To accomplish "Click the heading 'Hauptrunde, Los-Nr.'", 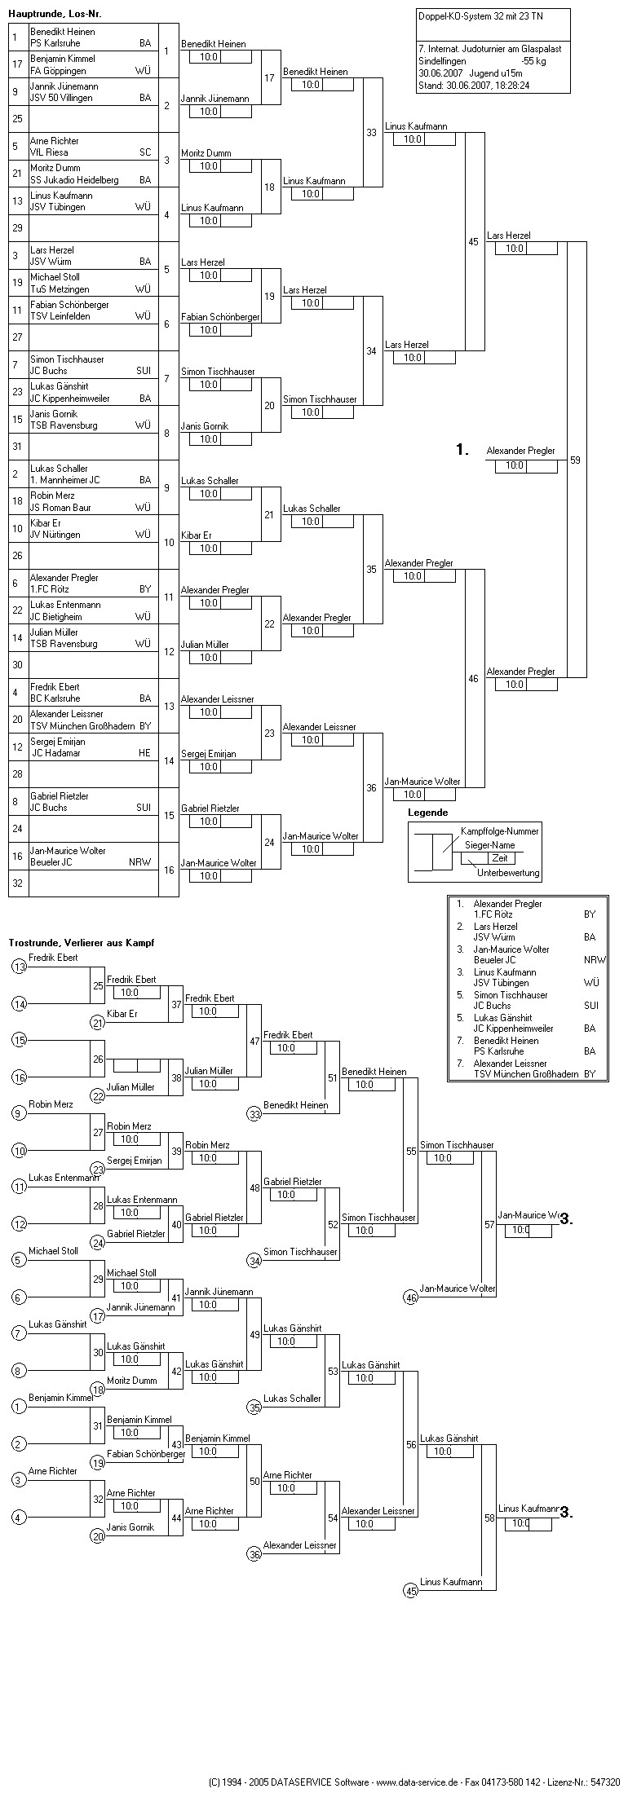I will pyautogui.click(x=55, y=15).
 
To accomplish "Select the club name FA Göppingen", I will pyautogui.click(x=58, y=71).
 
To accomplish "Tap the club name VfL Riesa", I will pyautogui.click(x=47, y=152).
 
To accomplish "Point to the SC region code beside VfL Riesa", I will pyautogui.click(x=144, y=152).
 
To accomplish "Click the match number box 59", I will pyautogui.click(x=576, y=460).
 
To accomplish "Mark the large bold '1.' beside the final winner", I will pyautogui.click(x=462, y=450).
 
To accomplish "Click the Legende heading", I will pyautogui.click(x=428, y=813).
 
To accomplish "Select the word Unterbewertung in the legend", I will pyautogui.click(x=508, y=873).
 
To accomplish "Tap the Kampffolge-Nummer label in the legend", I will pyautogui.click(x=499, y=830).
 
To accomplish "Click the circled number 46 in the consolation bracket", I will pyautogui.click(x=411, y=1297).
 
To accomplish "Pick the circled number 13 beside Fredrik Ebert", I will pyautogui.click(x=20, y=967).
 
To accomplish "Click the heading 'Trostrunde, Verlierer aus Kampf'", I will pyautogui.click(x=82, y=942).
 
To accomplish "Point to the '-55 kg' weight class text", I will pyautogui.click(x=533, y=60).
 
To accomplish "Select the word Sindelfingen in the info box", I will pyautogui.click(x=443, y=60).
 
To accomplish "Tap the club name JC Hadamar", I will pyautogui.click(x=55, y=754).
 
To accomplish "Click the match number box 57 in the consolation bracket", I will pyautogui.click(x=489, y=1224).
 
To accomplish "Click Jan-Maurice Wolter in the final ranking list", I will pyautogui.click(x=511, y=949).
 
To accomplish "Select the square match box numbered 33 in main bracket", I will pyautogui.click(x=372, y=133).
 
